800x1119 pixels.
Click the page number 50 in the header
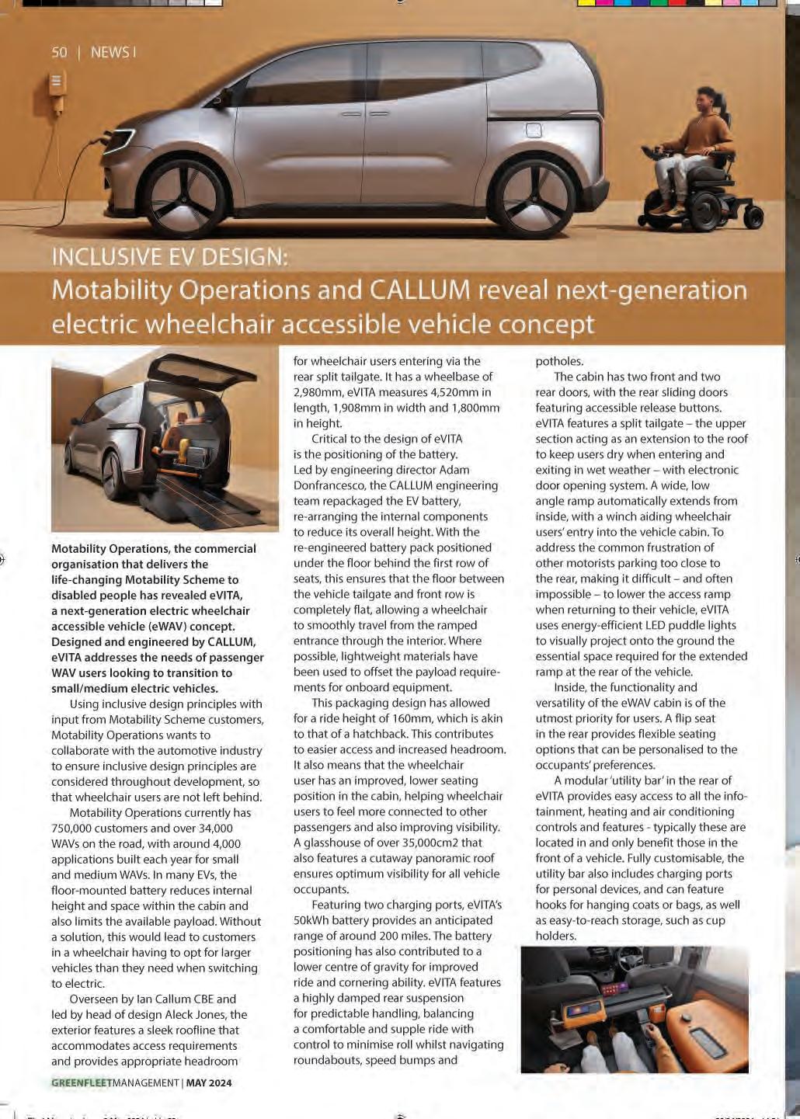[x=59, y=52]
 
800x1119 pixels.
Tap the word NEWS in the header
[x=110, y=52]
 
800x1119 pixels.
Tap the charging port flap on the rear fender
[x=534, y=130]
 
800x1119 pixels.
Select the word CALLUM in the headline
[x=419, y=290]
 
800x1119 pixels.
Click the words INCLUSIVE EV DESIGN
[x=169, y=256]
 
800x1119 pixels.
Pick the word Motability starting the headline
[x=111, y=290]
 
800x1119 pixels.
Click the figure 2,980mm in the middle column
[x=319, y=392]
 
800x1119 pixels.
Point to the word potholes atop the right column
[x=559, y=361]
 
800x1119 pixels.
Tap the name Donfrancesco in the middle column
[x=329, y=485]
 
